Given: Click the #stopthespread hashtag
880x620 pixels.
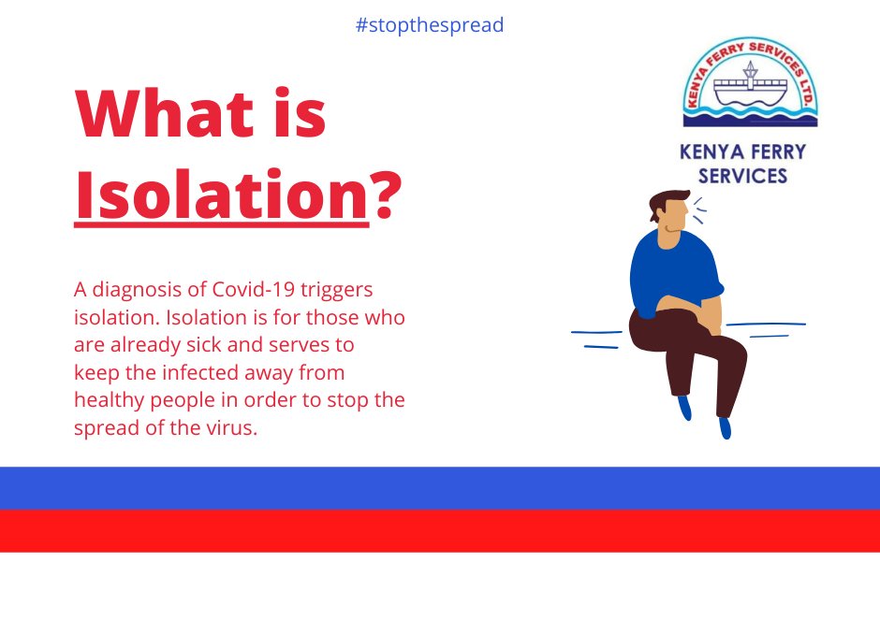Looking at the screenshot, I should [430, 25].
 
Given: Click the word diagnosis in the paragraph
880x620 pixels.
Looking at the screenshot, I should [136, 290].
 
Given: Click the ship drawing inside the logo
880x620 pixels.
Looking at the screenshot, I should [750, 86].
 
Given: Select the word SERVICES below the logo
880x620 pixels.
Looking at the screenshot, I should [742, 176].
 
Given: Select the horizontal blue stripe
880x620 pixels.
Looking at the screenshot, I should [440, 487].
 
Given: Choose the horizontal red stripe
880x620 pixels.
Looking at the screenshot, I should [440, 530].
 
